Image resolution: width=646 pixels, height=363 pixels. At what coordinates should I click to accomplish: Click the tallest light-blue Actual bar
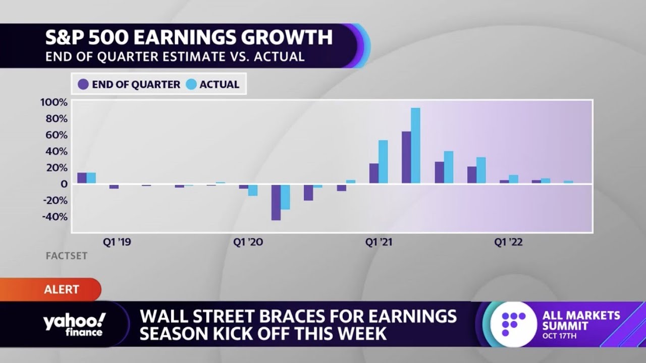tap(415, 146)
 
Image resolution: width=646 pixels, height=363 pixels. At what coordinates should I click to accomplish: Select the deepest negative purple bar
tap(276, 202)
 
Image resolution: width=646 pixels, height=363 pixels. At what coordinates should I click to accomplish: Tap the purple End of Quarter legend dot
tap(83, 85)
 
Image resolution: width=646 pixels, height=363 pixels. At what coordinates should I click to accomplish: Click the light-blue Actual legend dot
tap(191, 85)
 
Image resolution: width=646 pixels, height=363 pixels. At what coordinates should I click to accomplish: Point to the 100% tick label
tap(53, 102)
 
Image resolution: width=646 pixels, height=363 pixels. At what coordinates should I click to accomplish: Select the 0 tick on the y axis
tap(64, 184)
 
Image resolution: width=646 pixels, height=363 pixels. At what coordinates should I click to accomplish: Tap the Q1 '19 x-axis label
tap(117, 243)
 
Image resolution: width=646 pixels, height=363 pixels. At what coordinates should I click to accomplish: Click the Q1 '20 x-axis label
tap(248, 243)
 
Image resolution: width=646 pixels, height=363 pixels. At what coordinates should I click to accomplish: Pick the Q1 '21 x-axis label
tap(379, 243)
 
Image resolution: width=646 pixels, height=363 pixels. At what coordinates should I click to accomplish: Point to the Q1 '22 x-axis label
tap(508, 243)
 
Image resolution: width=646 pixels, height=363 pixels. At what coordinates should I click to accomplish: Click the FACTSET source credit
tap(67, 256)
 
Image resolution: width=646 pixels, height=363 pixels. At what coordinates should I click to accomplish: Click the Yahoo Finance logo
tap(74, 324)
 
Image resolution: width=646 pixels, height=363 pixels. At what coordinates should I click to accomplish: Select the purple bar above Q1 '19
tap(82, 178)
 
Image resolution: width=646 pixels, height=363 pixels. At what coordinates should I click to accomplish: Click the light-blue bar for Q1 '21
tap(383, 162)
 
